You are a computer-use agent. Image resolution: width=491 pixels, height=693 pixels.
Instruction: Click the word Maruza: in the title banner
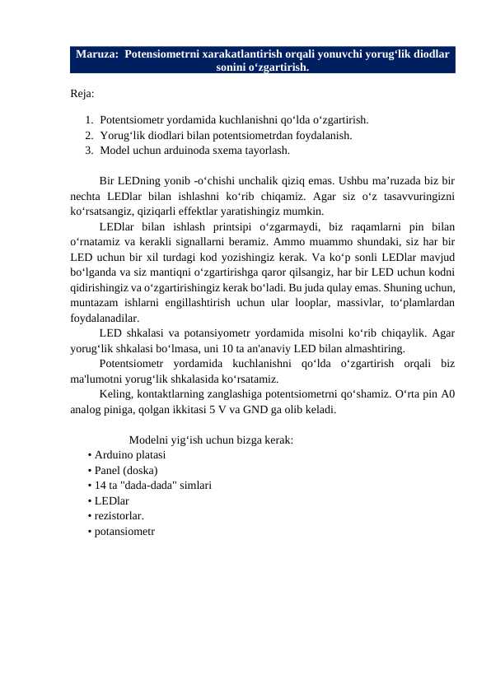(97, 54)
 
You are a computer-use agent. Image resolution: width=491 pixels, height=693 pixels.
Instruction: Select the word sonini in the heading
(233, 67)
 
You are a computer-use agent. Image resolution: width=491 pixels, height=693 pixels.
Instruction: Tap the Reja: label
(82, 94)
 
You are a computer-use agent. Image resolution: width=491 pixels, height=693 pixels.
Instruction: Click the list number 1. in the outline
(89, 120)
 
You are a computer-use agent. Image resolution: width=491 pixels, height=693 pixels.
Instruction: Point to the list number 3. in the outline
(89, 151)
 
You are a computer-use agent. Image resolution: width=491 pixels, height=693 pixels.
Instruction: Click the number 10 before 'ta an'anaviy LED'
(235, 348)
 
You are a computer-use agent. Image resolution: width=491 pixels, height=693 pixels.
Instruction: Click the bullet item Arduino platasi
(129, 454)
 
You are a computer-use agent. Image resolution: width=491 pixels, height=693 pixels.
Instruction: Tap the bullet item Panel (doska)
(126, 470)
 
